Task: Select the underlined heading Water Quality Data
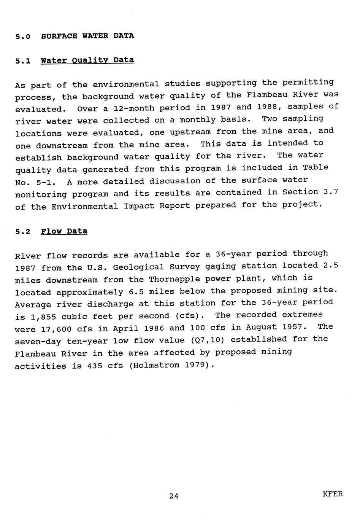87,60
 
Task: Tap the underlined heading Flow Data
64,231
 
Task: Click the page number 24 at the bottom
174,496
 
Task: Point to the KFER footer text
332,494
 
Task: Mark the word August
261,327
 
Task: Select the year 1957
294,327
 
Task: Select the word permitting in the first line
308,83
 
